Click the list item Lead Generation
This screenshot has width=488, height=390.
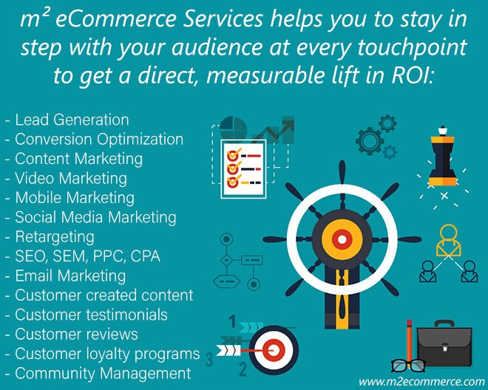[72, 120]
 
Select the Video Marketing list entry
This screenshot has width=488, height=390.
[71, 179]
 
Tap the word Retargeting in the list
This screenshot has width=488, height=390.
[55, 237]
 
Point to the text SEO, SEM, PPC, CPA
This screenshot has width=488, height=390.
[87, 256]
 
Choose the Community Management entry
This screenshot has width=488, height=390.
[103, 373]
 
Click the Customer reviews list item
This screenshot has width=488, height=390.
[77, 335]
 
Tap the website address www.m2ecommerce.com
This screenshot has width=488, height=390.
[421, 381]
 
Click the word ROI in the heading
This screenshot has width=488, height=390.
[410, 76]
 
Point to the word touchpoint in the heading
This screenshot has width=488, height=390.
[412, 47]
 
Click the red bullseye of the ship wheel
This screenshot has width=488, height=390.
[342, 239]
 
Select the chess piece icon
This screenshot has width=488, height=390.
[442, 157]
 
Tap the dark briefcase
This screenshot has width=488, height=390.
[444, 343]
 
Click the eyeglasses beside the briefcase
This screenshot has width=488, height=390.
[408, 366]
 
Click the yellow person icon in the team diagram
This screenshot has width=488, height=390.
[449, 240]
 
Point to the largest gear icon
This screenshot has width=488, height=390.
[370, 141]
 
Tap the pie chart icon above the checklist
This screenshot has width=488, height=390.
[233, 128]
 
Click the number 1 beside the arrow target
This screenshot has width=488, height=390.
[232, 321]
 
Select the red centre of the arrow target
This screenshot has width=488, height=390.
[274, 350]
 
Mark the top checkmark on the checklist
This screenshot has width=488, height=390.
[234, 154]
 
